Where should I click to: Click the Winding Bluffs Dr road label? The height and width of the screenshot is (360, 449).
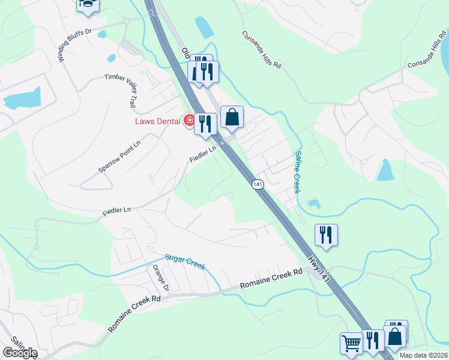click(x=75, y=45)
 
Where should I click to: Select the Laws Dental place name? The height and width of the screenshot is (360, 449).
click(x=157, y=122)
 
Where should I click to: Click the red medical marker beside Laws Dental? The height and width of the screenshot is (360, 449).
click(x=189, y=121)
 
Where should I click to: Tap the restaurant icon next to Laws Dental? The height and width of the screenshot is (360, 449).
click(x=206, y=124)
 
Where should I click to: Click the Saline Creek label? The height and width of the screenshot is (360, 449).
click(x=298, y=172)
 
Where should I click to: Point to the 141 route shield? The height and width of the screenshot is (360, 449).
click(x=258, y=185)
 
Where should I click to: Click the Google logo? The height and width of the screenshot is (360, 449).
click(x=20, y=353)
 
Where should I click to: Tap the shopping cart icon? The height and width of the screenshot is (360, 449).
click(x=351, y=343)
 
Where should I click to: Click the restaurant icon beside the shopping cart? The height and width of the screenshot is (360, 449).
click(x=373, y=341)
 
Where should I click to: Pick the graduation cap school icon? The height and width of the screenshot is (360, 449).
click(x=88, y=5)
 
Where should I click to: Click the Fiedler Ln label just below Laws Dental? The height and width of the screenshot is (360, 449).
click(x=203, y=154)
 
